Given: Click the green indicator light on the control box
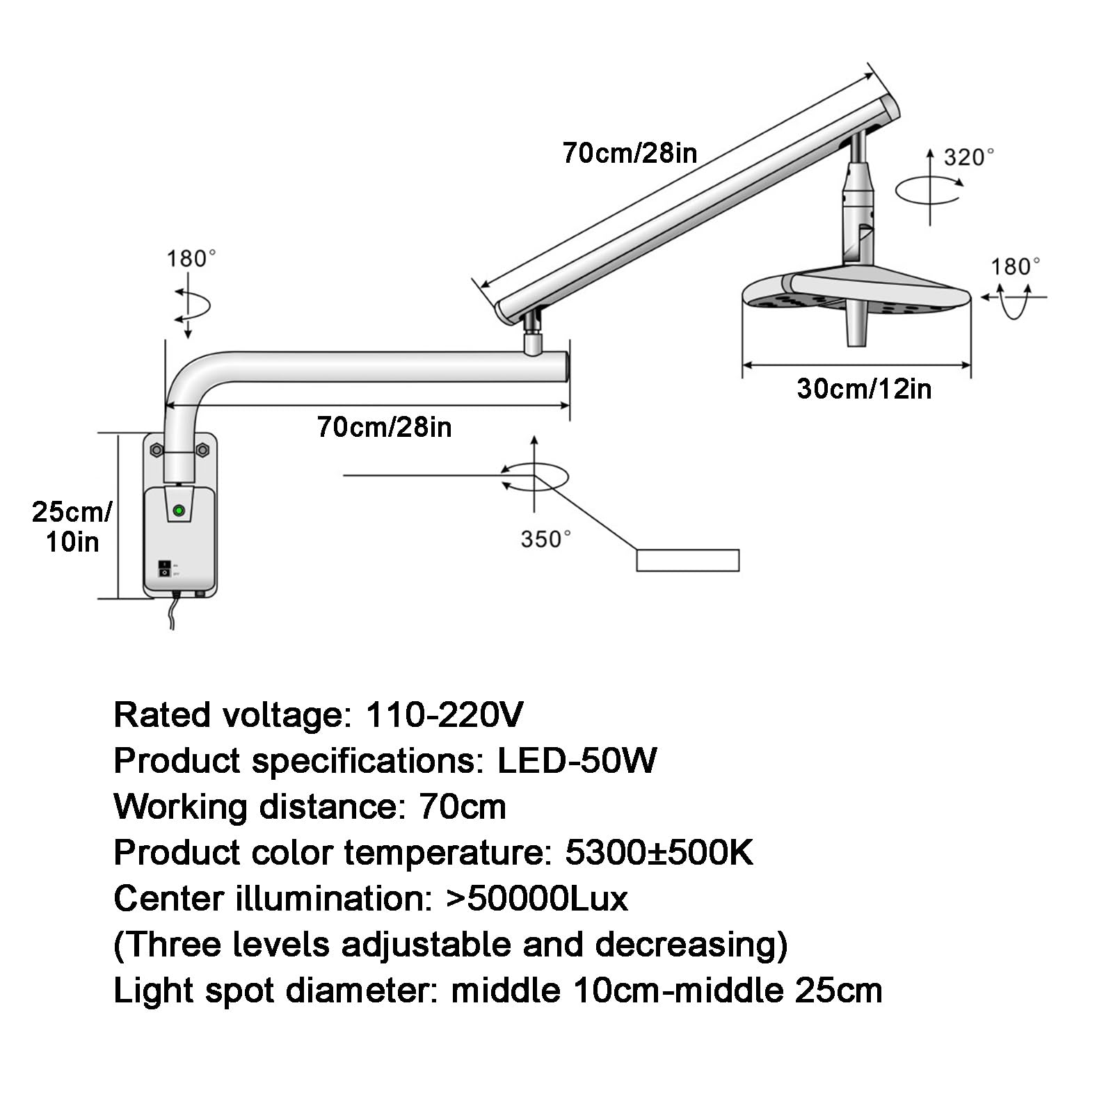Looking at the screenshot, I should tap(179, 511).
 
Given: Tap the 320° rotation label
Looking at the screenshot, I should tap(968, 157).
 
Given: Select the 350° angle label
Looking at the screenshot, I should tap(546, 538).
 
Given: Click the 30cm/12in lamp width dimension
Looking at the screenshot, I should tap(864, 389).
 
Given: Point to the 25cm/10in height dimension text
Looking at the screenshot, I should tap(72, 527).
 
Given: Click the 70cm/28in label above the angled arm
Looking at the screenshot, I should tap(630, 153).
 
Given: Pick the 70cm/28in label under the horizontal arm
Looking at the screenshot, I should tap(384, 426).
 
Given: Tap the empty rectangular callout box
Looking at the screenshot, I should tap(687, 560).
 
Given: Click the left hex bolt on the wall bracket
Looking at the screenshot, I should tap(157, 450).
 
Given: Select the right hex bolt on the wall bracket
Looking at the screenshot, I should tap(203, 450).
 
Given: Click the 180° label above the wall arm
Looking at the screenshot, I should tap(191, 259).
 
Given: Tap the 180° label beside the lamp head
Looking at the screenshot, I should tap(1015, 266).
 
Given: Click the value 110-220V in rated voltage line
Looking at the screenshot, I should tap(444, 714).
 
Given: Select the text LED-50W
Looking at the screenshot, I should tap(576, 760).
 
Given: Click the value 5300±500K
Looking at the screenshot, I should tap(659, 852).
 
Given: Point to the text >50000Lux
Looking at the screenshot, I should tap(536, 898).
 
